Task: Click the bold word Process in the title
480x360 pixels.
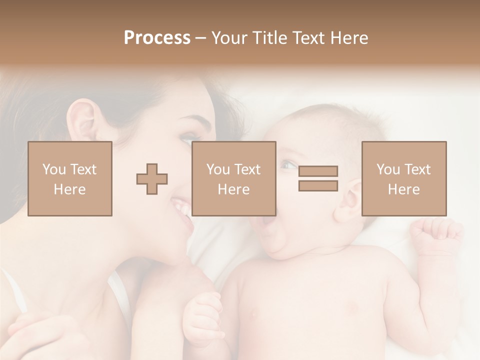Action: point(157,37)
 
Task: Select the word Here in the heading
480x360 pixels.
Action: point(348,37)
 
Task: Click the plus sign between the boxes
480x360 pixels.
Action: point(152,178)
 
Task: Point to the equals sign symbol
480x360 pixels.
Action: point(318,178)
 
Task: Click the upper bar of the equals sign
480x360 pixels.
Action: point(318,171)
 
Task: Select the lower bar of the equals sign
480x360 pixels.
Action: point(318,185)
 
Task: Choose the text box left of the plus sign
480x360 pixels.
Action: point(70,178)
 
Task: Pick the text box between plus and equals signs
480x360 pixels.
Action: point(233,178)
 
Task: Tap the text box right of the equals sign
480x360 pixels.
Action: point(404,178)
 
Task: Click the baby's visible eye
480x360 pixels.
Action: point(287,164)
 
